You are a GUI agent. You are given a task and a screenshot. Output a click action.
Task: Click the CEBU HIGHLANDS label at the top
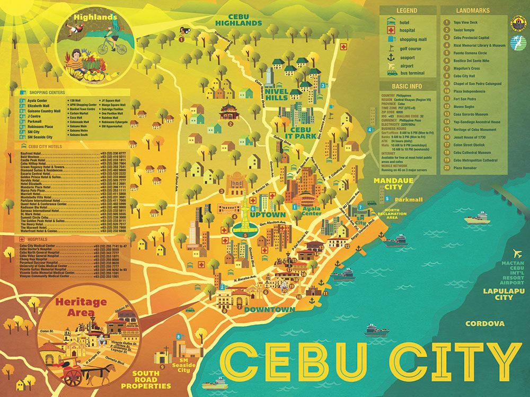coord(238,20)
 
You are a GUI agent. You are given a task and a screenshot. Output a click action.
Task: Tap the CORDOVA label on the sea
coord(485,323)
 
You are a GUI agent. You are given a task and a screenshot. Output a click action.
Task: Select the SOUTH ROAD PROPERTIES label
coord(146,382)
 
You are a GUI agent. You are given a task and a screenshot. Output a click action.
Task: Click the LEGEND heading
coord(407,10)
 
